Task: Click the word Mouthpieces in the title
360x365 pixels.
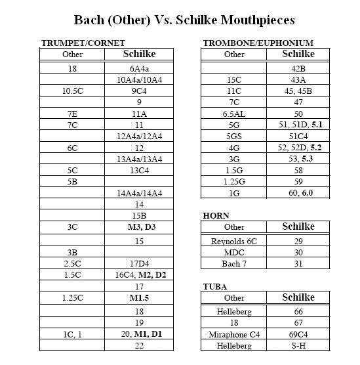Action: pos(249,20)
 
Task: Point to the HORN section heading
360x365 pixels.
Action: pos(216,215)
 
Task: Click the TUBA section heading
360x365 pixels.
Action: pos(216,286)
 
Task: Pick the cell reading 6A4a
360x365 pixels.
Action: pos(139,68)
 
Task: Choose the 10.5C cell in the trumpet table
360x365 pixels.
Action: pos(73,91)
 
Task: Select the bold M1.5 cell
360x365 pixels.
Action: pos(139,297)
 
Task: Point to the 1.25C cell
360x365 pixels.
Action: pos(73,297)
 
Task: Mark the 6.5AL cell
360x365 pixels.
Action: pos(234,114)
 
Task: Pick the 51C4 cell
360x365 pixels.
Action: pos(298,137)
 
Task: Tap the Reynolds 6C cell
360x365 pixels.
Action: pos(234,241)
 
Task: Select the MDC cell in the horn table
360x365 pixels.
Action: pos(234,252)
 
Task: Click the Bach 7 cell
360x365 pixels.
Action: pos(234,264)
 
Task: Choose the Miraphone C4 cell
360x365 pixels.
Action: pos(234,335)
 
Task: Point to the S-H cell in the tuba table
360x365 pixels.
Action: pos(298,346)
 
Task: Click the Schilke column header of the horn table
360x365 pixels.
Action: pos(298,226)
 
